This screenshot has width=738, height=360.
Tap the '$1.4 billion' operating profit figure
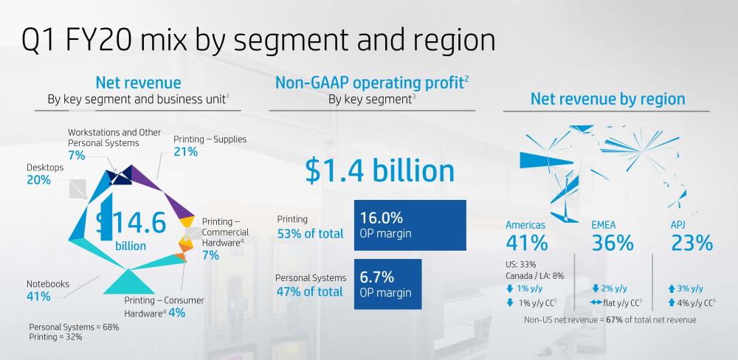tap(379, 171)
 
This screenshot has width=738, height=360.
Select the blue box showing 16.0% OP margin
tap(410, 225)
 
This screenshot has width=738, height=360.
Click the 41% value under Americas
tap(526, 243)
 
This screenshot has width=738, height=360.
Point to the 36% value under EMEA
tap(613, 243)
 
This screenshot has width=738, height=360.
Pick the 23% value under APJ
tap(691, 243)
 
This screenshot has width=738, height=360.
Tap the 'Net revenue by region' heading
tap(607, 99)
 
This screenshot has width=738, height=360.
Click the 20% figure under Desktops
tap(38, 180)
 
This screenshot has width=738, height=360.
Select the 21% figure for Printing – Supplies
tap(185, 152)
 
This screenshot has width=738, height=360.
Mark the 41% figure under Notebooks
tap(38, 297)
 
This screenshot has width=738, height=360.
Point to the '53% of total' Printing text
tap(310, 234)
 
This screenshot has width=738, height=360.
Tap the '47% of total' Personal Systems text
tap(310, 291)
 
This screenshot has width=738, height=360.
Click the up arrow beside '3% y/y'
tap(672, 288)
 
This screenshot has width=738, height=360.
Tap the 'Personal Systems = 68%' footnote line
tap(74, 327)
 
